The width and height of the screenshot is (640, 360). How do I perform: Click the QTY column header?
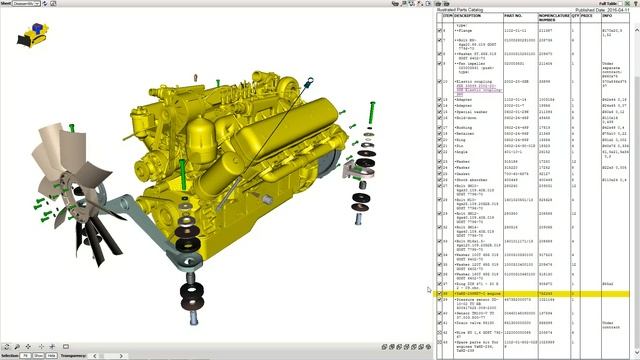pyautogui.click(x=575, y=17)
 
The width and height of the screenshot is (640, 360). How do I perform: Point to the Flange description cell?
pyautogui.click(x=466, y=30)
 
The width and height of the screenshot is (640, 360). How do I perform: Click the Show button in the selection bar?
pyautogui.click(x=38, y=355)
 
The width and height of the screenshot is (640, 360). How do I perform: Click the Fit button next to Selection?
pyautogui.click(x=24, y=355)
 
